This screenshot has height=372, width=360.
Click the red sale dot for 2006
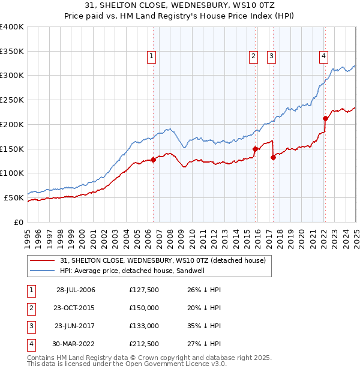[154, 160]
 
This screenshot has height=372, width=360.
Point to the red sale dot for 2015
[255, 149]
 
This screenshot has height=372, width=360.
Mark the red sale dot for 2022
[325, 118]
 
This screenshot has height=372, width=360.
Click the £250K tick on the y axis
[12, 100]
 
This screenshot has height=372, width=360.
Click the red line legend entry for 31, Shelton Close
[167, 260]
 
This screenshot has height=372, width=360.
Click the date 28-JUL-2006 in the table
[76, 290]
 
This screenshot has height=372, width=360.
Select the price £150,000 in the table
[144, 308]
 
